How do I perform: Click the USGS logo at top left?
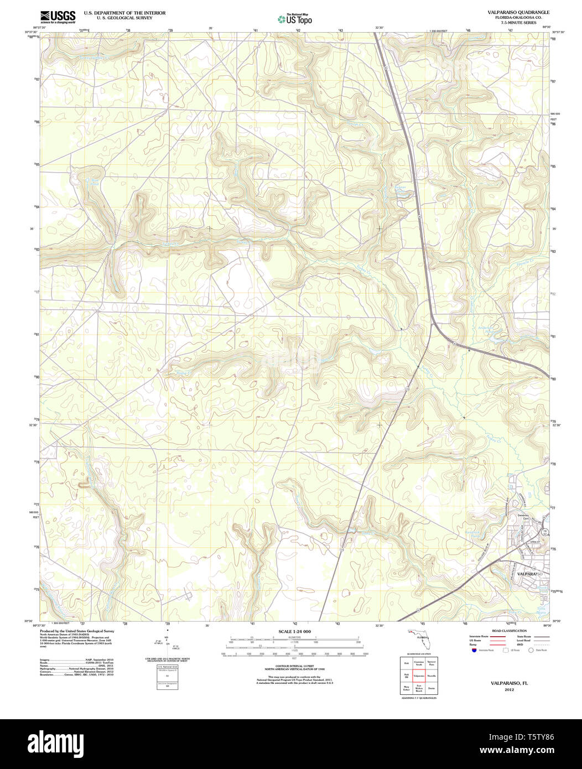click(x=58, y=17)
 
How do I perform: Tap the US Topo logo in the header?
click(x=295, y=19)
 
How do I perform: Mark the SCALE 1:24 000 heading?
click(x=294, y=632)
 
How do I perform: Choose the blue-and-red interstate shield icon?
click(x=474, y=650)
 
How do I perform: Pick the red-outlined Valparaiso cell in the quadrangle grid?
click(x=418, y=676)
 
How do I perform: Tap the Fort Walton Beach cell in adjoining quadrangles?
click(x=418, y=689)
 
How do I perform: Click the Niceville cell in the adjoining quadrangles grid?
click(x=432, y=676)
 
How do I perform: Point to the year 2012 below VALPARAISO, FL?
click(x=509, y=690)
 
